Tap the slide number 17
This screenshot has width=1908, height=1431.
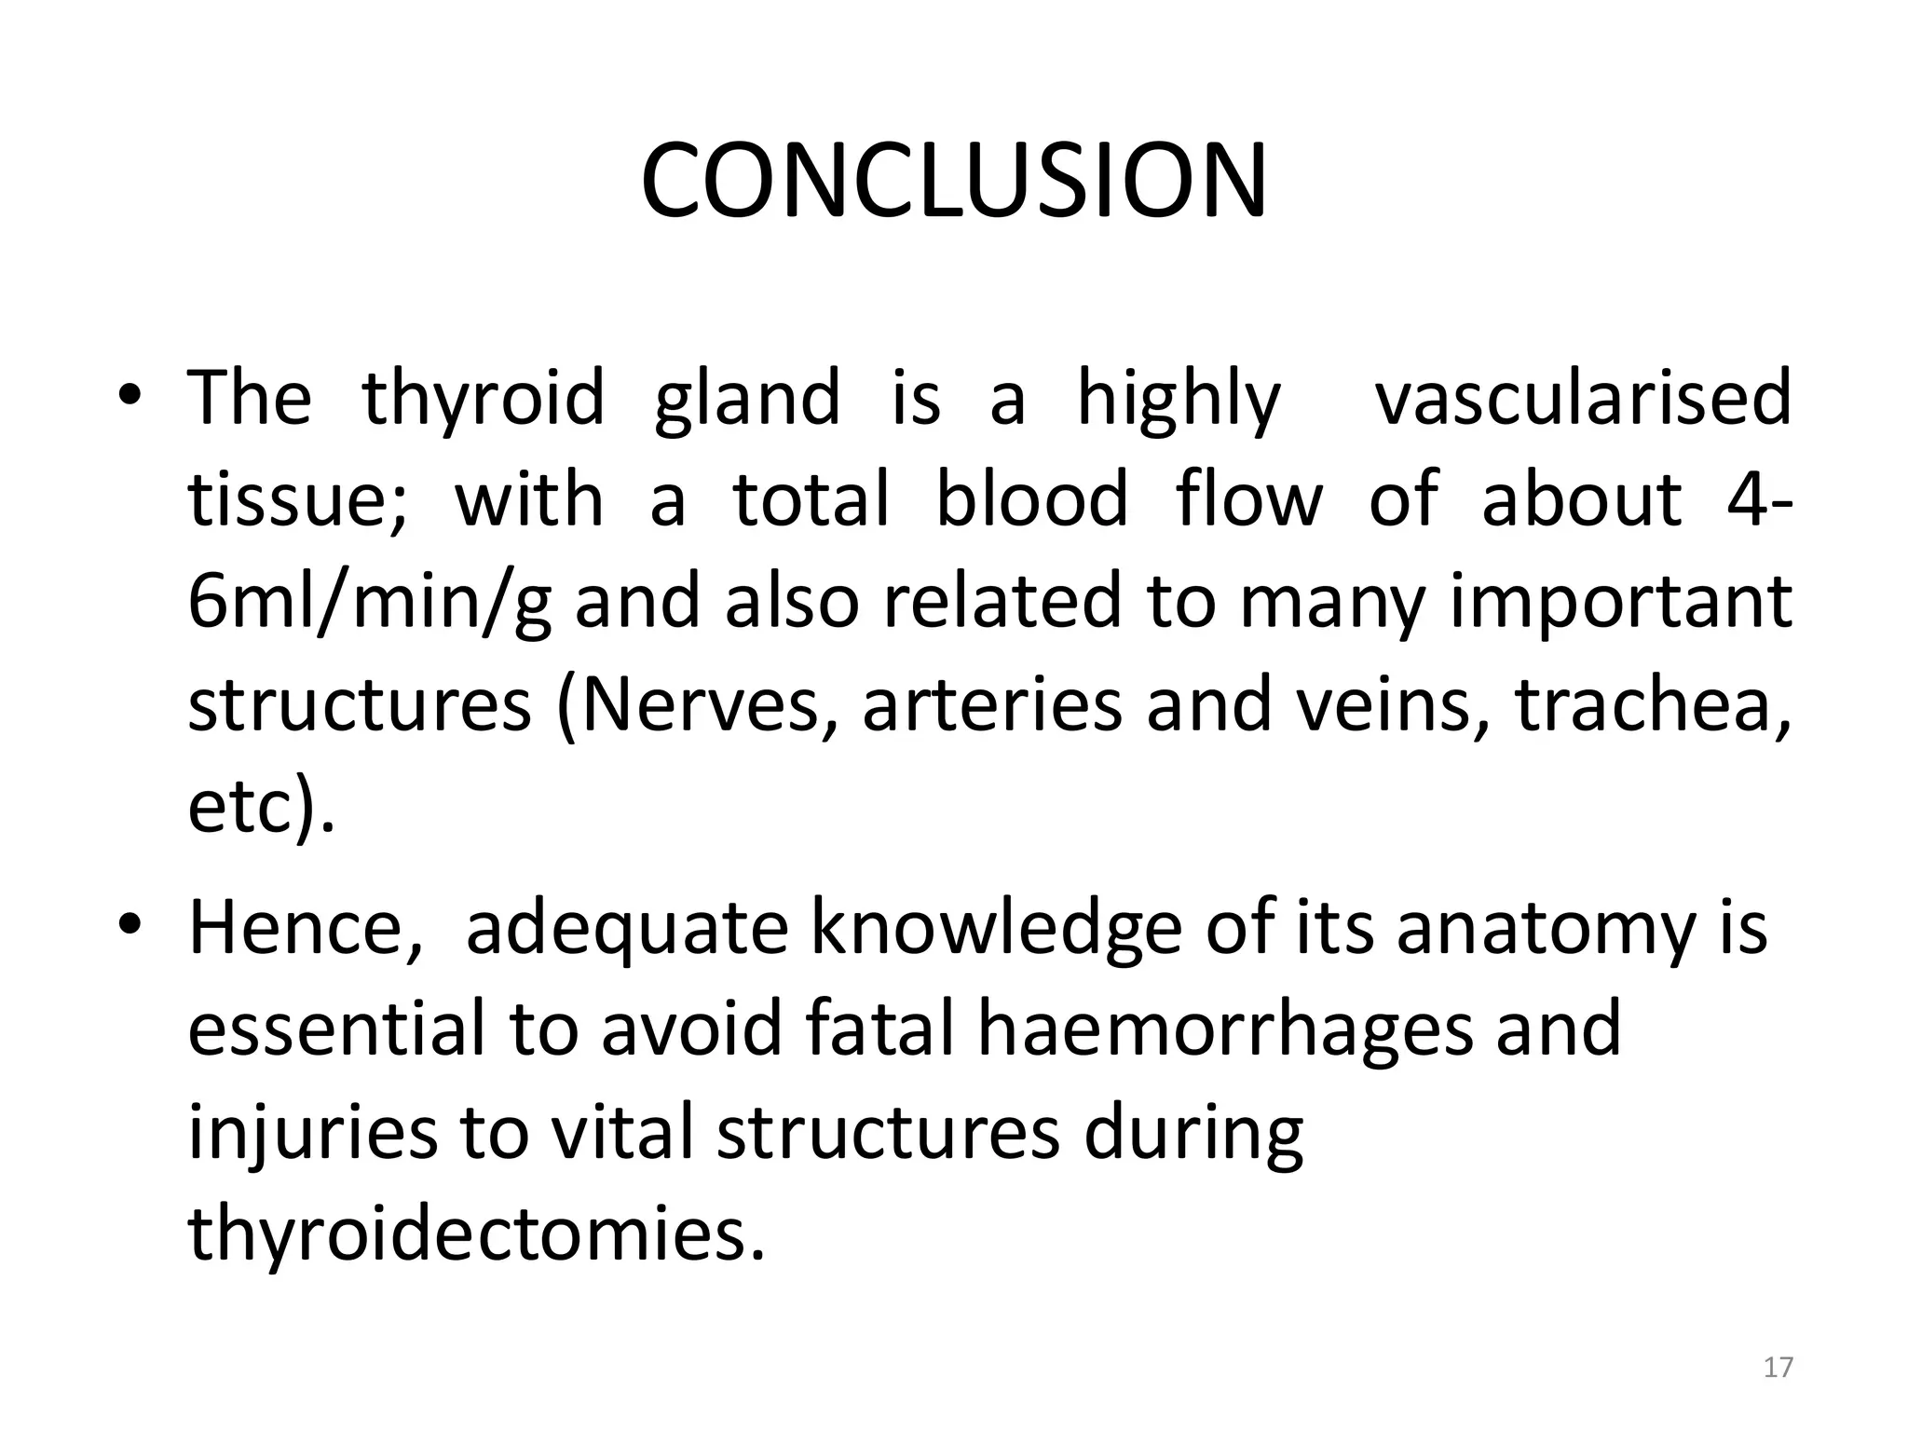(1778, 1367)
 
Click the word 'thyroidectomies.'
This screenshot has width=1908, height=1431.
(476, 1233)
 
